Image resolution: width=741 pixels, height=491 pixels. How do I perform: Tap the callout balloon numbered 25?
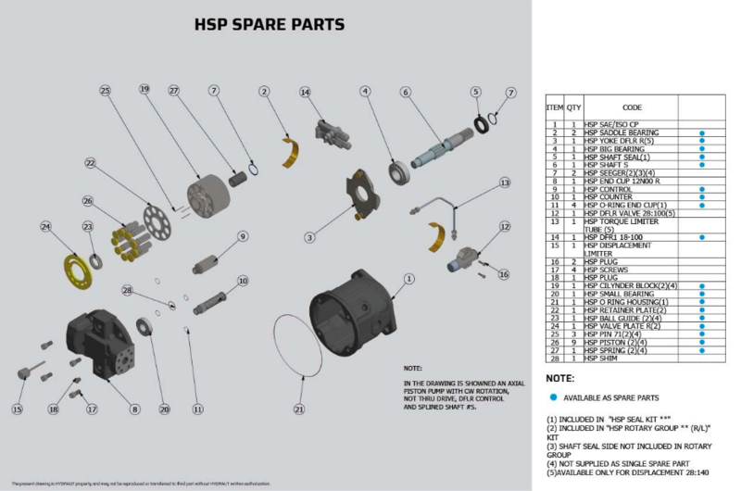(x=106, y=90)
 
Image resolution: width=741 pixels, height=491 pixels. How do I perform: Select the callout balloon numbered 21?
(x=298, y=409)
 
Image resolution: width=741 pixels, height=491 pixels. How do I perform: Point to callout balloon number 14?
(x=305, y=92)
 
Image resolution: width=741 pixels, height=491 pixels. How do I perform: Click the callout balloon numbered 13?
(x=505, y=183)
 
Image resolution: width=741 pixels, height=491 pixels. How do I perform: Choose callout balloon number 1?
(x=409, y=277)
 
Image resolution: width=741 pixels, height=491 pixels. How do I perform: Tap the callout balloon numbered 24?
(x=45, y=225)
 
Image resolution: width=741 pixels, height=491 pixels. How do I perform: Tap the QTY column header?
(x=573, y=107)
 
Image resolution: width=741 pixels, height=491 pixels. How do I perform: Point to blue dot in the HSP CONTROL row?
(x=703, y=189)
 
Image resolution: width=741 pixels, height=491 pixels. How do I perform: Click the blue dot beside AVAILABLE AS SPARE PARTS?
(x=553, y=397)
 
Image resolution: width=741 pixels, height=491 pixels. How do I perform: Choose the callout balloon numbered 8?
(x=134, y=409)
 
